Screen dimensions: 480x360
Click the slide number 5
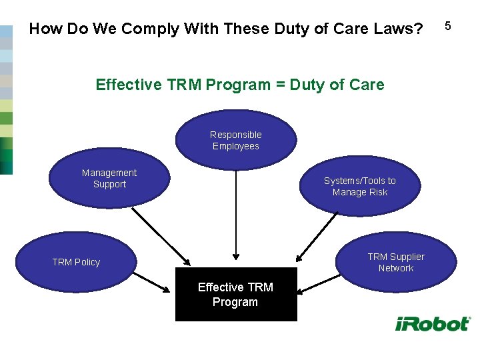448,26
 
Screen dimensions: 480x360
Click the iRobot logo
432,324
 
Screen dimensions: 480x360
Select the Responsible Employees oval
236,141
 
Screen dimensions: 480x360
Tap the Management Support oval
109,179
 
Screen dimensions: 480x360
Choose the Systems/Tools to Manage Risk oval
359,186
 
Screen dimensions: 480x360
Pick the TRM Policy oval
76,263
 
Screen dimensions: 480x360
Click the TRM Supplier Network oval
395,263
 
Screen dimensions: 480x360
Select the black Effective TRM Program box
236,295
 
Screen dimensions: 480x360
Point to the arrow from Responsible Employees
235,213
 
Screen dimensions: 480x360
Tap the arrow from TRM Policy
152,281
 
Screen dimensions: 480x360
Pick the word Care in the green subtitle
367,85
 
